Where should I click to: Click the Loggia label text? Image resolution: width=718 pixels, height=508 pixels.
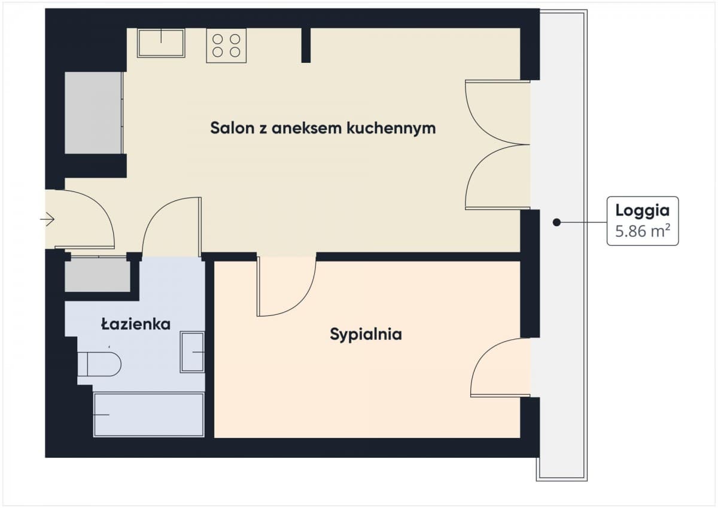point(643,211)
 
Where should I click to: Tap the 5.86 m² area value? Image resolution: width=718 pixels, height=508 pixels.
point(643,231)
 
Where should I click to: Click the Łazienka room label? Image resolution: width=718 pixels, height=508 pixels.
point(136,324)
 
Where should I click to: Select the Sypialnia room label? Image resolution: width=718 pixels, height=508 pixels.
point(366,334)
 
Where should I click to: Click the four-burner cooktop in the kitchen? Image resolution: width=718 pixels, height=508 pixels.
point(226,45)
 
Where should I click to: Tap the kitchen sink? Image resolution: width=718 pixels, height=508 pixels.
point(161,43)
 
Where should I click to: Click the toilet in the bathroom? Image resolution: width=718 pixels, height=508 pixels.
point(99,364)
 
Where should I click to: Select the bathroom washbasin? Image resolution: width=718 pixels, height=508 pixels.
point(192,352)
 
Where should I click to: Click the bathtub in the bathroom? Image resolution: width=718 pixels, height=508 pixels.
point(149,415)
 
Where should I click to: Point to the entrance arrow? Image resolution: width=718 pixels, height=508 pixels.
point(47,219)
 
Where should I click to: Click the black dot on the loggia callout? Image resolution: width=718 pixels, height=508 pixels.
point(557,222)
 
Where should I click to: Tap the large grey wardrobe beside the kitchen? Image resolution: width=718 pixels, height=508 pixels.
point(93,113)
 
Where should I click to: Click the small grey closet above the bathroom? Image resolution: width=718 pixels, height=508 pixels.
point(98,275)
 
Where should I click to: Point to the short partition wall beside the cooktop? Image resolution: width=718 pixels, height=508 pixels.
point(306,45)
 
